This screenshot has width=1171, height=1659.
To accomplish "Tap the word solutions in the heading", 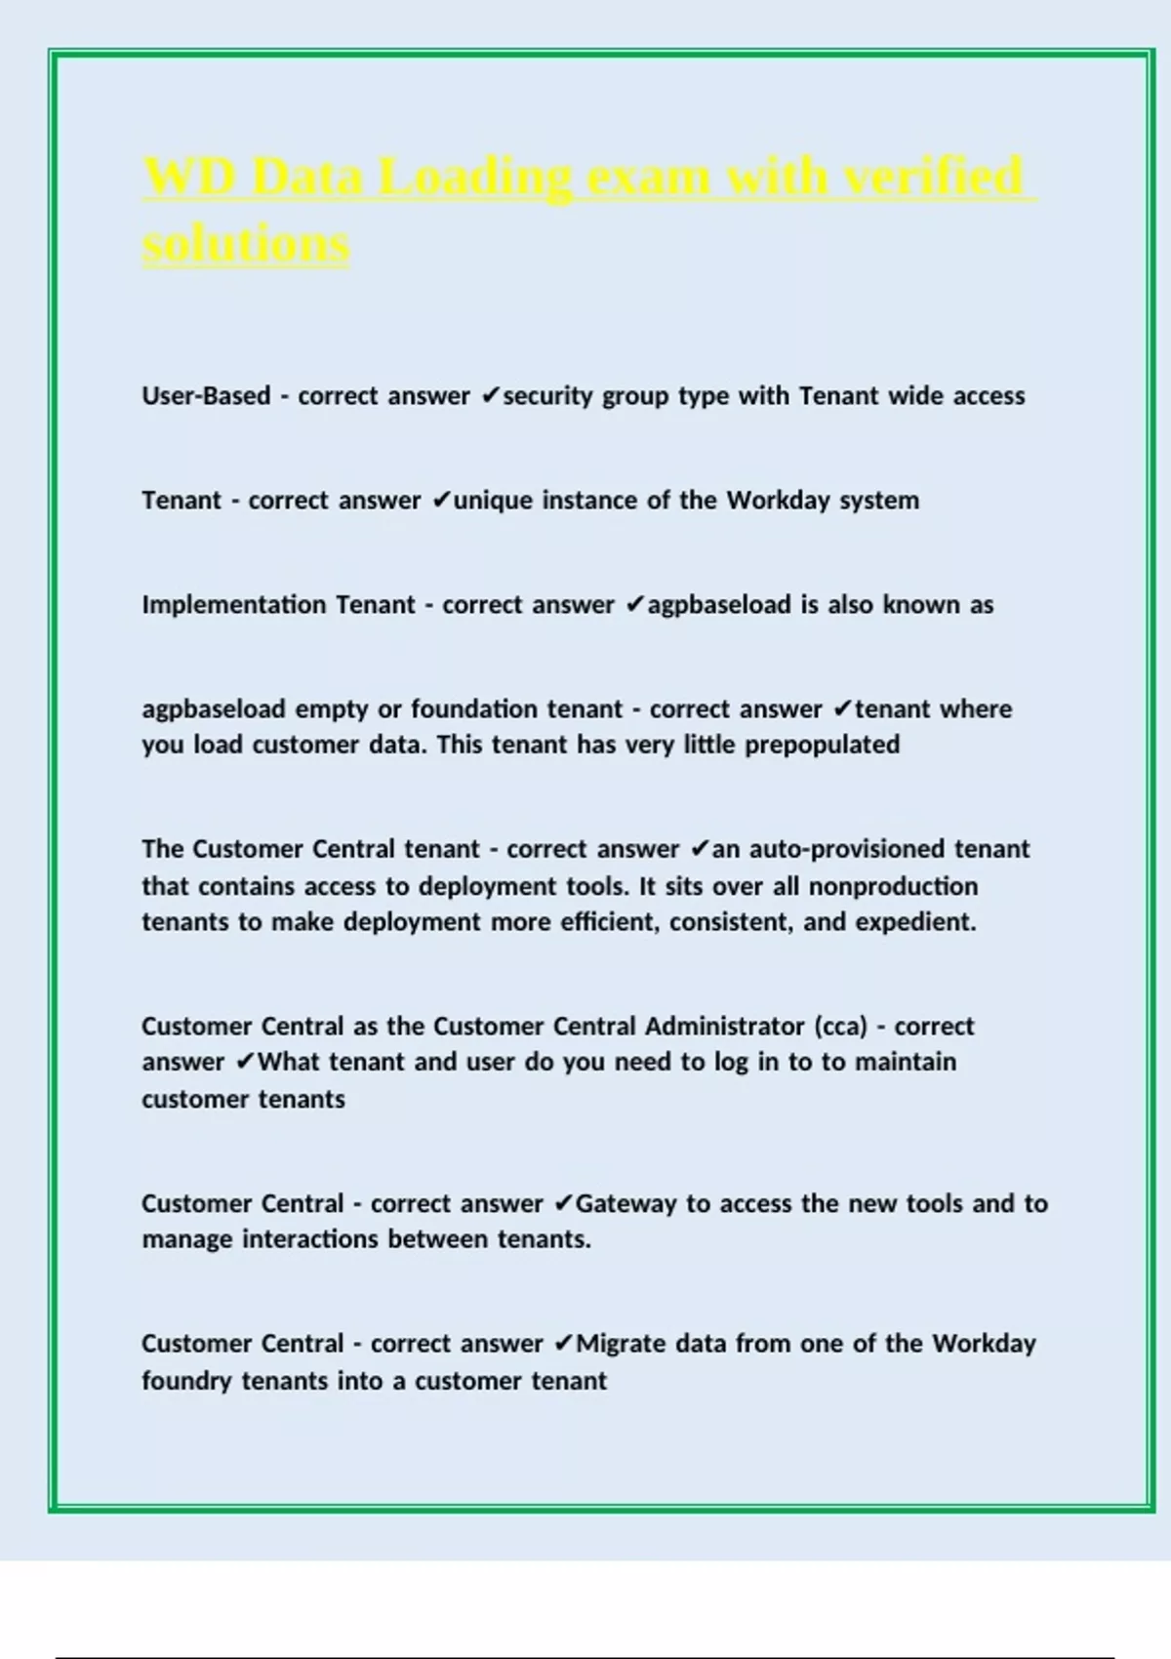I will coord(245,244).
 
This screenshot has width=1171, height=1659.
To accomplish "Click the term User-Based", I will coord(206,396).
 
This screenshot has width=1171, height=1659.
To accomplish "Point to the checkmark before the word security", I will coord(491,396).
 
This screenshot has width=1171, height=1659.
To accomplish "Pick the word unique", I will coord(493,501).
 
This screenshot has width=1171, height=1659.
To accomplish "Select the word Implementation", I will coord(233,605).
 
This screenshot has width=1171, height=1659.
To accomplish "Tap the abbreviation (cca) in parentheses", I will coord(840,1027).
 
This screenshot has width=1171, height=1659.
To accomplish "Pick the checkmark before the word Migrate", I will coord(563,1344).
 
